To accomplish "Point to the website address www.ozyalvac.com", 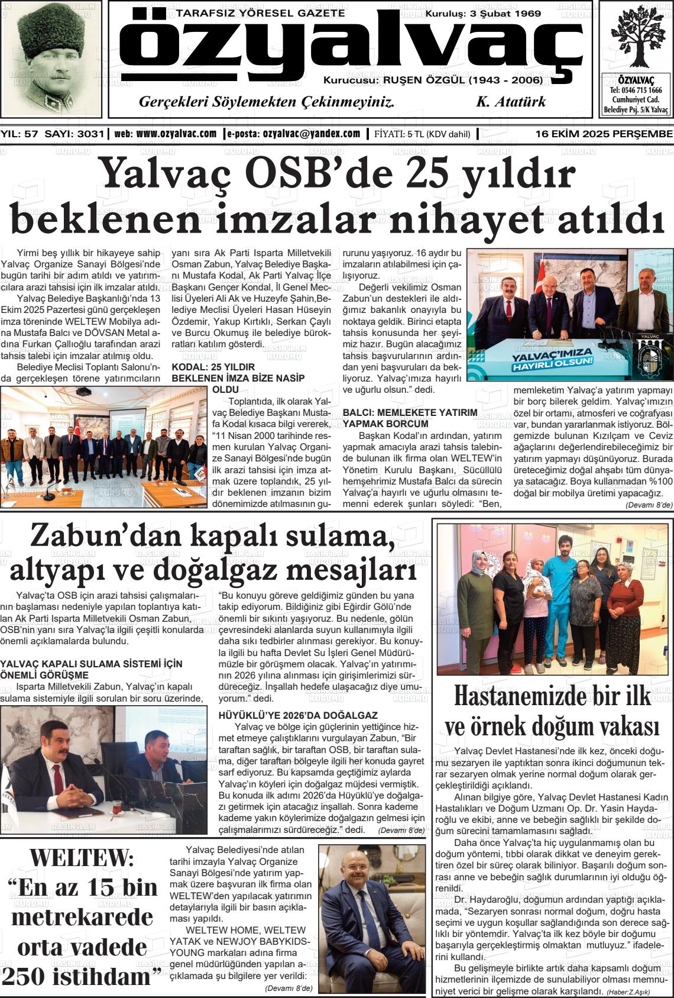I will coord(176,134).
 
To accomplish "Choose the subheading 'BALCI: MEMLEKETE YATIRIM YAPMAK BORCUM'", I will coord(410,418).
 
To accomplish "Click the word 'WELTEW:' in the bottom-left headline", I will coord(82,857).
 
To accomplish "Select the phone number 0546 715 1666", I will coord(636,91).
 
